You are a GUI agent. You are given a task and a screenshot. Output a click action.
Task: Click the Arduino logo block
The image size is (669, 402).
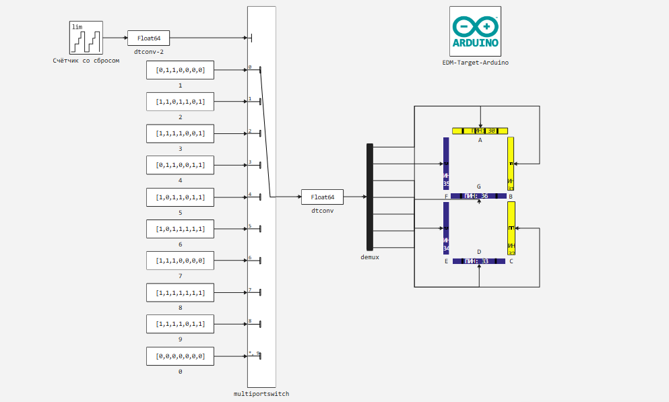(x=476, y=30)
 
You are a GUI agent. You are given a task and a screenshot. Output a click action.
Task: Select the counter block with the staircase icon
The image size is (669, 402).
(x=86, y=38)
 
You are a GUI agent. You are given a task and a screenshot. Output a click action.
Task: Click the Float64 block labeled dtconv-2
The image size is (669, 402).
(x=149, y=38)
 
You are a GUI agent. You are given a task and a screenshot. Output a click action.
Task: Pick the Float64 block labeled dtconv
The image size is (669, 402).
(x=322, y=197)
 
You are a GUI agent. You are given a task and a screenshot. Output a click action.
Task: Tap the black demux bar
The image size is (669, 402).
(x=369, y=197)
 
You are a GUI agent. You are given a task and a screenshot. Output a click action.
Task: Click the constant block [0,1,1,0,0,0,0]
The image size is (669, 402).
(x=180, y=70)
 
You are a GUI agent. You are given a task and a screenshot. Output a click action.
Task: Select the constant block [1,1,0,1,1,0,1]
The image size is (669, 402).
(x=180, y=102)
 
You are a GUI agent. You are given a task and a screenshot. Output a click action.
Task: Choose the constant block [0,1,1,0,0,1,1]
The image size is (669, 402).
(x=180, y=165)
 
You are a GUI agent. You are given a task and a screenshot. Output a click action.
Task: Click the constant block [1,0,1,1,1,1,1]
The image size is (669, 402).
(x=180, y=229)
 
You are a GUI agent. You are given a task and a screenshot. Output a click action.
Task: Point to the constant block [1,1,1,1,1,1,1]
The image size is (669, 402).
(x=180, y=293)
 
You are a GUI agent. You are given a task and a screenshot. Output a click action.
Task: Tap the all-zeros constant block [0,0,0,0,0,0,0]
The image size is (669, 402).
(x=180, y=356)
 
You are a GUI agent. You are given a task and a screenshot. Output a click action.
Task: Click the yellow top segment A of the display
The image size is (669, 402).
(x=480, y=131)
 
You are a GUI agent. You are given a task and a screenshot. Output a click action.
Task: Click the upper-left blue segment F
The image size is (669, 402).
(x=446, y=163)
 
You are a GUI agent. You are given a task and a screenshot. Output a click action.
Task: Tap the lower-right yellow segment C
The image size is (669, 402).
(x=511, y=228)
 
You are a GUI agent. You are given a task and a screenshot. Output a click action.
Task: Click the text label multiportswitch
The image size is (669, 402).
(x=261, y=394)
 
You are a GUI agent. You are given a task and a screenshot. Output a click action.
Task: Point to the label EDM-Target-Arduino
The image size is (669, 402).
(x=476, y=63)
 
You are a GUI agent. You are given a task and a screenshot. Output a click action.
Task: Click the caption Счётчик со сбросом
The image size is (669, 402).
(x=86, y=61)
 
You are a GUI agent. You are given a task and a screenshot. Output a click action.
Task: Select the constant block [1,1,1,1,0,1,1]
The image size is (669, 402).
(x=180, y=325)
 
